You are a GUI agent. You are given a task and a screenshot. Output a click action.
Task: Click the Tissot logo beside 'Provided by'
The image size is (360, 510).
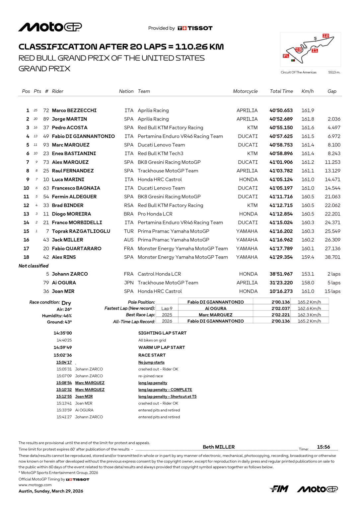[195, 28]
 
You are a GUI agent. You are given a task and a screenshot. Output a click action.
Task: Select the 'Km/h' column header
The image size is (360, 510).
[307, 91]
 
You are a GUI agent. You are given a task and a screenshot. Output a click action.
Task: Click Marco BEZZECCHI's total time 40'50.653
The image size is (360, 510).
[281, 111]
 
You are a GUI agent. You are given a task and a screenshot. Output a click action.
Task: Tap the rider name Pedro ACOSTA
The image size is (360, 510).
[70, 128]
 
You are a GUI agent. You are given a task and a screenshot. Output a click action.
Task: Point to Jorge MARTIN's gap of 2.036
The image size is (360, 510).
[334, 119]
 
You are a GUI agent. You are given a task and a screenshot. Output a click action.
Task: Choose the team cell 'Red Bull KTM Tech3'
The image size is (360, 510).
[160, 154]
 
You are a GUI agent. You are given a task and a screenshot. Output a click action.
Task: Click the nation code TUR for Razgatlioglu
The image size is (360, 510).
[129, 231]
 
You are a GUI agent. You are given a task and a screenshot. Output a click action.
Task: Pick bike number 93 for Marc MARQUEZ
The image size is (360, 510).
[46, 145]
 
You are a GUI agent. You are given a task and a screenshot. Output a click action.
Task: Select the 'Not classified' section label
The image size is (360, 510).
[34, 266]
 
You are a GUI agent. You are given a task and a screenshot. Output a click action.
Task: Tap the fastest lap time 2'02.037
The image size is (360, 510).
[280, 308]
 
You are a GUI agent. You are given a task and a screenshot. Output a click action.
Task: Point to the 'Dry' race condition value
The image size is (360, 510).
[66, 303]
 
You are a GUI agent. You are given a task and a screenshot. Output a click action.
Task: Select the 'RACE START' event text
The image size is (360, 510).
[152, 355]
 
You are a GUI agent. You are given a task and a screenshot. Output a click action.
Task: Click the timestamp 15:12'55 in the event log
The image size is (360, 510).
[64, 396]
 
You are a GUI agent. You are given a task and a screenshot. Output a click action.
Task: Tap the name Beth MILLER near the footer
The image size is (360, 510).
[219, 447]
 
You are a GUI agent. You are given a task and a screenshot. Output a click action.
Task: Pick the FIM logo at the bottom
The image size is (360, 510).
[279, 489]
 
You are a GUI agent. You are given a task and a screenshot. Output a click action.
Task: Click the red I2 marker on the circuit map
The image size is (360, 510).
[325, 36]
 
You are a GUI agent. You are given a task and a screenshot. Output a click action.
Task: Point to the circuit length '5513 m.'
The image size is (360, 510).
[334, 72]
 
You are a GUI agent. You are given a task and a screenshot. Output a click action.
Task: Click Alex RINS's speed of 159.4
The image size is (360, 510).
[308, 257]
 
